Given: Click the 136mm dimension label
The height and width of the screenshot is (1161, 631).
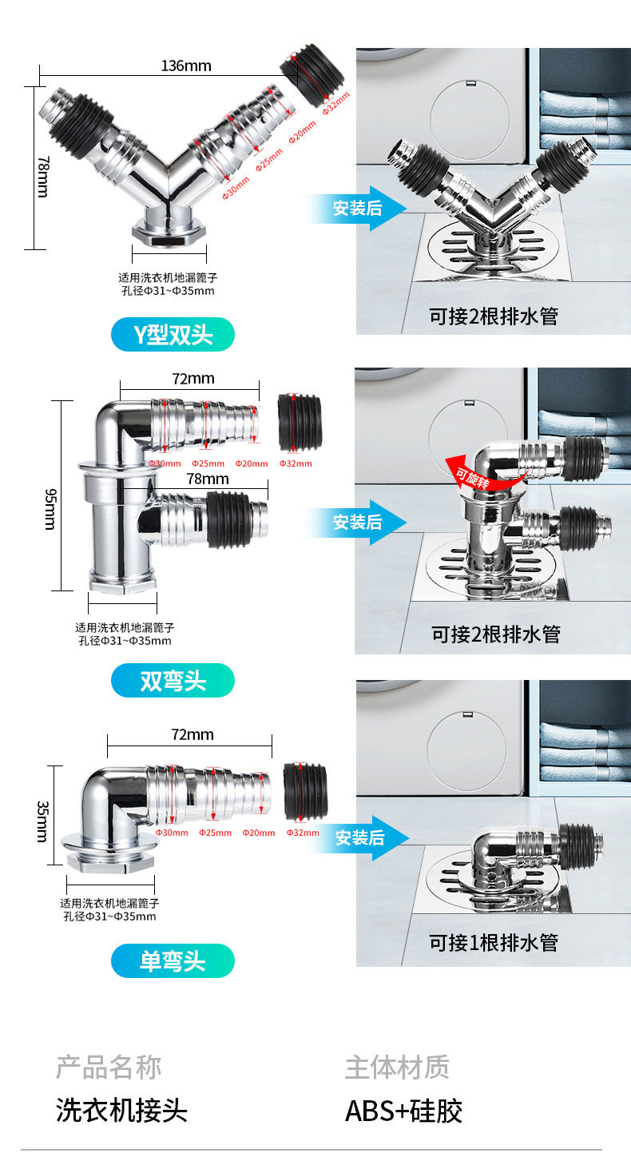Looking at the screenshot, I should (186, 66).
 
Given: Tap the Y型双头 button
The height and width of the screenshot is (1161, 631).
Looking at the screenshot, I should (173, 334).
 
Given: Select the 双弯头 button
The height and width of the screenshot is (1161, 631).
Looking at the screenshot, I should (173, 681).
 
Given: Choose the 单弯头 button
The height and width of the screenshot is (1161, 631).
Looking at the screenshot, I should (173, 960).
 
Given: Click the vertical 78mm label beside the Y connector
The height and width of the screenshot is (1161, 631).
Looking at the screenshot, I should (42, 177).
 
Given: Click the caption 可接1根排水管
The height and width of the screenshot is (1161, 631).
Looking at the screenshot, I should (493, 942).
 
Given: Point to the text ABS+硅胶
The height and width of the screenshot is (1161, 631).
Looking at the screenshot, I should (403, 1111).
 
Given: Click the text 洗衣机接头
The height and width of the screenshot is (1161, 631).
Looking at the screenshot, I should (121, 1111).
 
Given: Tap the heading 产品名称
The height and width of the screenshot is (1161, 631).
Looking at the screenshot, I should (108, 1067).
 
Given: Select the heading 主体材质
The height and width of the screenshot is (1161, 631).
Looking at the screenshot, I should (397, 1067).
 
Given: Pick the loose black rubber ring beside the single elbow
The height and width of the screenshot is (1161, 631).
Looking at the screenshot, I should (305, 791).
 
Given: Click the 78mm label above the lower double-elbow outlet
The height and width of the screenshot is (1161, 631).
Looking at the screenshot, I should (207, 479).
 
